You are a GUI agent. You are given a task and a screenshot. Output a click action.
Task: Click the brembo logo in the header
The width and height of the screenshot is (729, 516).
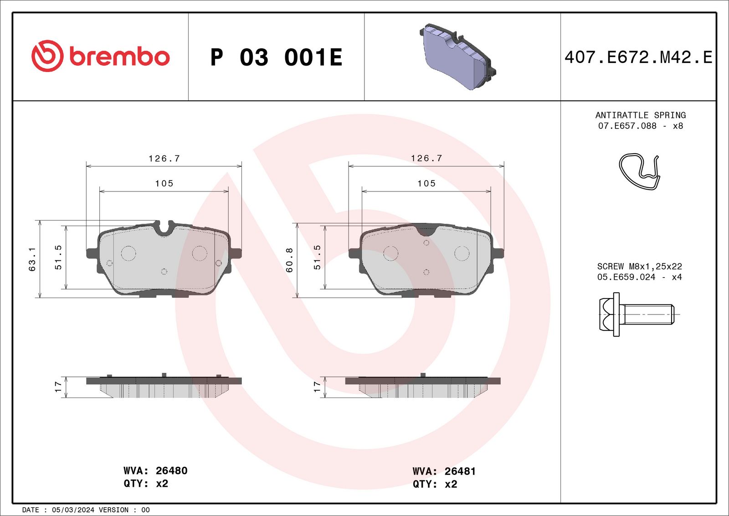click(x=100, y=56)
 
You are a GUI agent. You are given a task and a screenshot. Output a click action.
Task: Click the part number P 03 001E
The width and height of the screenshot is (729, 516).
click(x=276, y=57)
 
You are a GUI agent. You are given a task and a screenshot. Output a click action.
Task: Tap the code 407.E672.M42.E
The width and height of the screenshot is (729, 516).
click(x=638, y=57)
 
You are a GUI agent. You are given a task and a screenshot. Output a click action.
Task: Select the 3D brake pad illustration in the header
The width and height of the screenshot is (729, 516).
click(x=457, y=57)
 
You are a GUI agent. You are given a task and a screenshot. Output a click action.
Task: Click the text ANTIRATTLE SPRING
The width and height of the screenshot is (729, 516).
click(x=640, y=115)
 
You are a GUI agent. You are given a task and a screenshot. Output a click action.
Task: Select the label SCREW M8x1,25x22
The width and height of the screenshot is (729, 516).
click(x=639, y=266)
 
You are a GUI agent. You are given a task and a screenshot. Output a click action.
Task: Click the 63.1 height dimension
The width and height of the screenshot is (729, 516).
click(x=32, y=259)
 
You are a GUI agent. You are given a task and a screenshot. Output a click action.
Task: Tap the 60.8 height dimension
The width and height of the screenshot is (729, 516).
click(x=289, y=260)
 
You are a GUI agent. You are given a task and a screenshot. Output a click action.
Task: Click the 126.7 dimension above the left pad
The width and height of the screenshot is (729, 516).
click(x=164, y=159)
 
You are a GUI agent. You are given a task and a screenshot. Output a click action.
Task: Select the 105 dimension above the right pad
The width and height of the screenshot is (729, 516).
click(x=426, y=183)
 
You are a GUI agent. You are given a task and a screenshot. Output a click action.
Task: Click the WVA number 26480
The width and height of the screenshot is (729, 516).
click(x=171, y=470)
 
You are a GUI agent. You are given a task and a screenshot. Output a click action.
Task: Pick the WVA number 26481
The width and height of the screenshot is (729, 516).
click(x=460, y=471)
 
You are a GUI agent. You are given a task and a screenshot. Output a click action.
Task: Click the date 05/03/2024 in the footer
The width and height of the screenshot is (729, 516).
click(x=73, y=510)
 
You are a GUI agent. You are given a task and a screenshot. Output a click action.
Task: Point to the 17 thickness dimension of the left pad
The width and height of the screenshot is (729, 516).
click(x=58, y=387)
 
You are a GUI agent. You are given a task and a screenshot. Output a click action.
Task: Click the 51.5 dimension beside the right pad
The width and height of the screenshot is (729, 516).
click(x=317, y=257)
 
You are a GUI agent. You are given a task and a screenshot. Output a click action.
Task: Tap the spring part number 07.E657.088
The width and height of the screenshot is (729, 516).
click(x=627, y=126)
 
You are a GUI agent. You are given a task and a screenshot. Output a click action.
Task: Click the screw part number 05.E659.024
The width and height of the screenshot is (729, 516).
click(x=626, y=277)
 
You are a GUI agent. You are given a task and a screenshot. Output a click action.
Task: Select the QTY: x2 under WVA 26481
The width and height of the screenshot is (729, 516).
click(x=435, y=484)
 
